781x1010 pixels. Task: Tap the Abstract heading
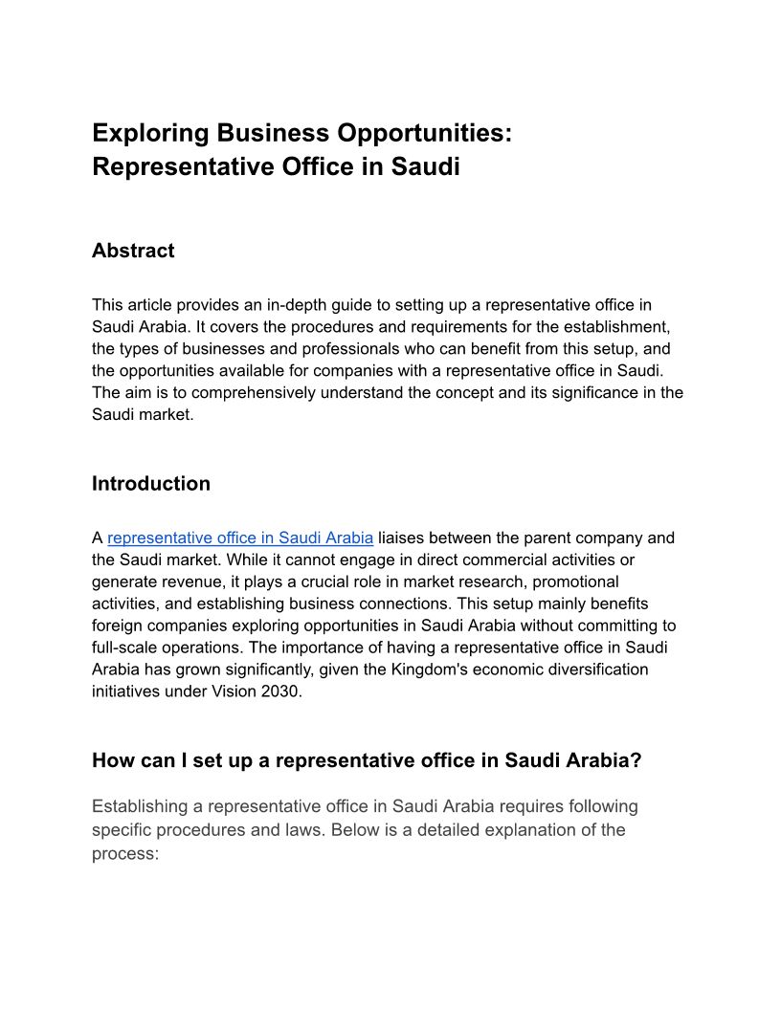point(133,251)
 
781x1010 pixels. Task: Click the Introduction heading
point(151,483)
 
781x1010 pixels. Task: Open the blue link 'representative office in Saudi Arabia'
point(240,538)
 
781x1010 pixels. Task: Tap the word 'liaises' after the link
point(403,538)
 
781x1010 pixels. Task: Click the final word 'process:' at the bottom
point(124,853)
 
